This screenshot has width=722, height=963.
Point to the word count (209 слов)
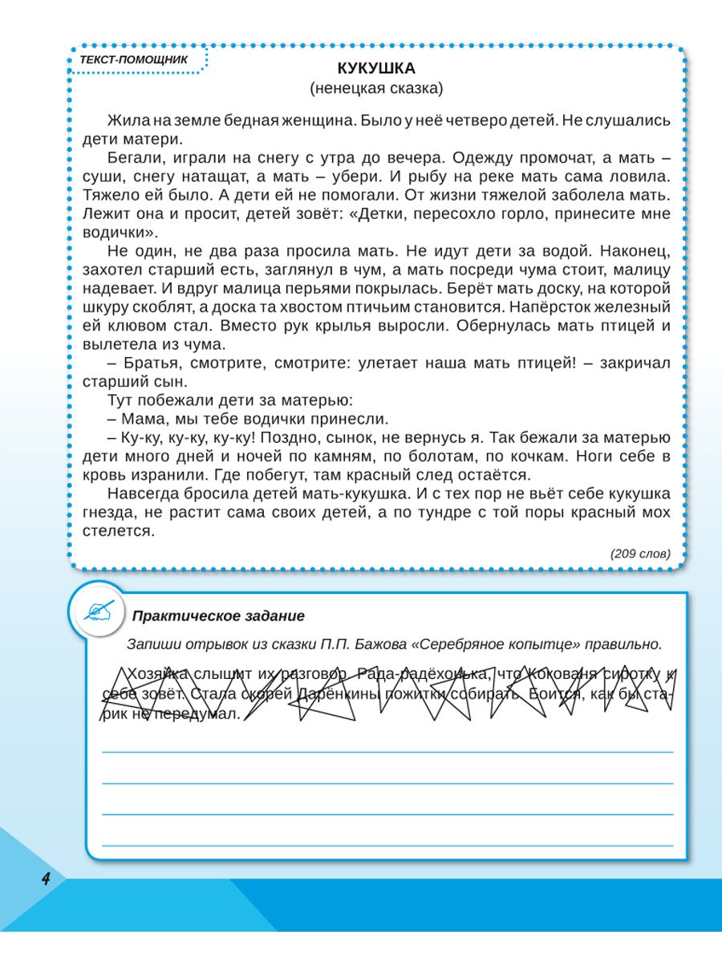(x=639, y=554)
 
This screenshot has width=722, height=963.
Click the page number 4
(x=46, y=879)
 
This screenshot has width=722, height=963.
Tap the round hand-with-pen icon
(x=99, y=612)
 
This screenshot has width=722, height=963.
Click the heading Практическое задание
(x=218, y=616)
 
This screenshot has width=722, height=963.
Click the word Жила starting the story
(x=128, y=120)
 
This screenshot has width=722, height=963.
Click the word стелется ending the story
(x=117, y=530)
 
